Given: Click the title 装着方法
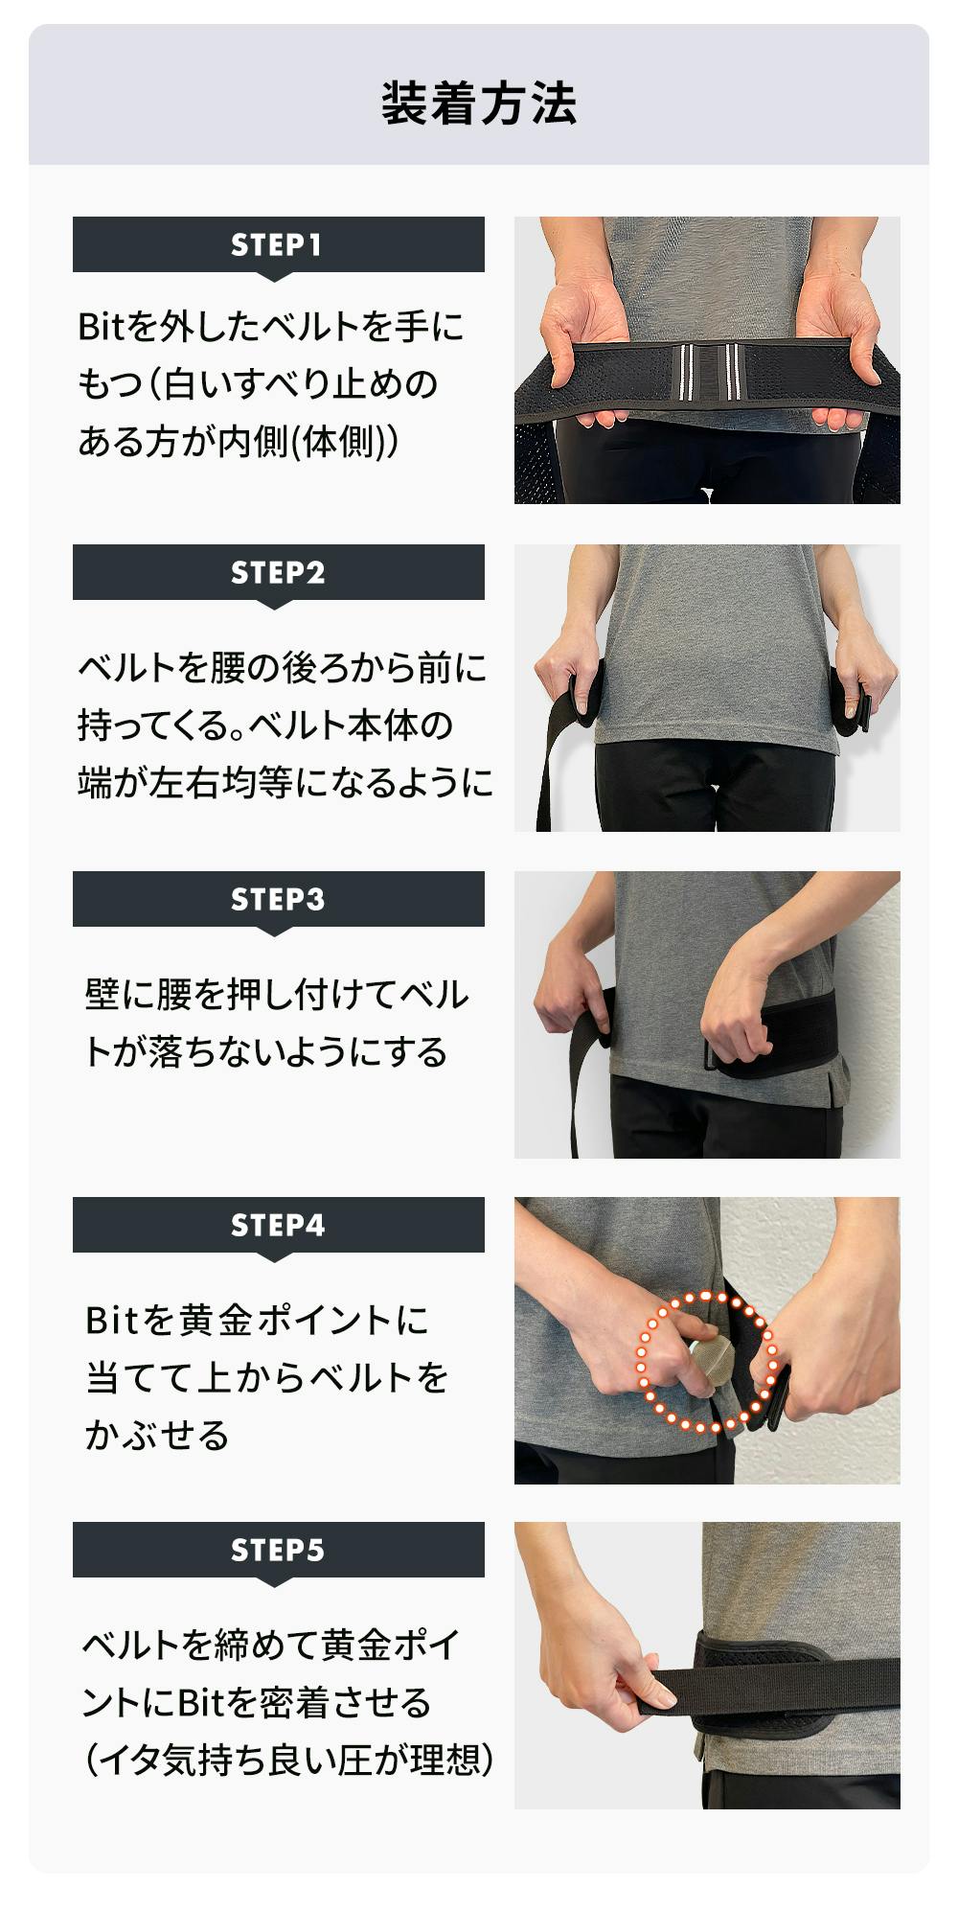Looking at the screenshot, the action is coord(479,104).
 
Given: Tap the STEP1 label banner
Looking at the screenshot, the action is coord(279,245).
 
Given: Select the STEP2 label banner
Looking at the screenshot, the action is coord(279,573).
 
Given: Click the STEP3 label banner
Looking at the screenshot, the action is coord(279,900).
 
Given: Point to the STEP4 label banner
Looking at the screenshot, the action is coord(279,1226).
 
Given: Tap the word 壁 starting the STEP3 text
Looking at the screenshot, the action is coord(103,996).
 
